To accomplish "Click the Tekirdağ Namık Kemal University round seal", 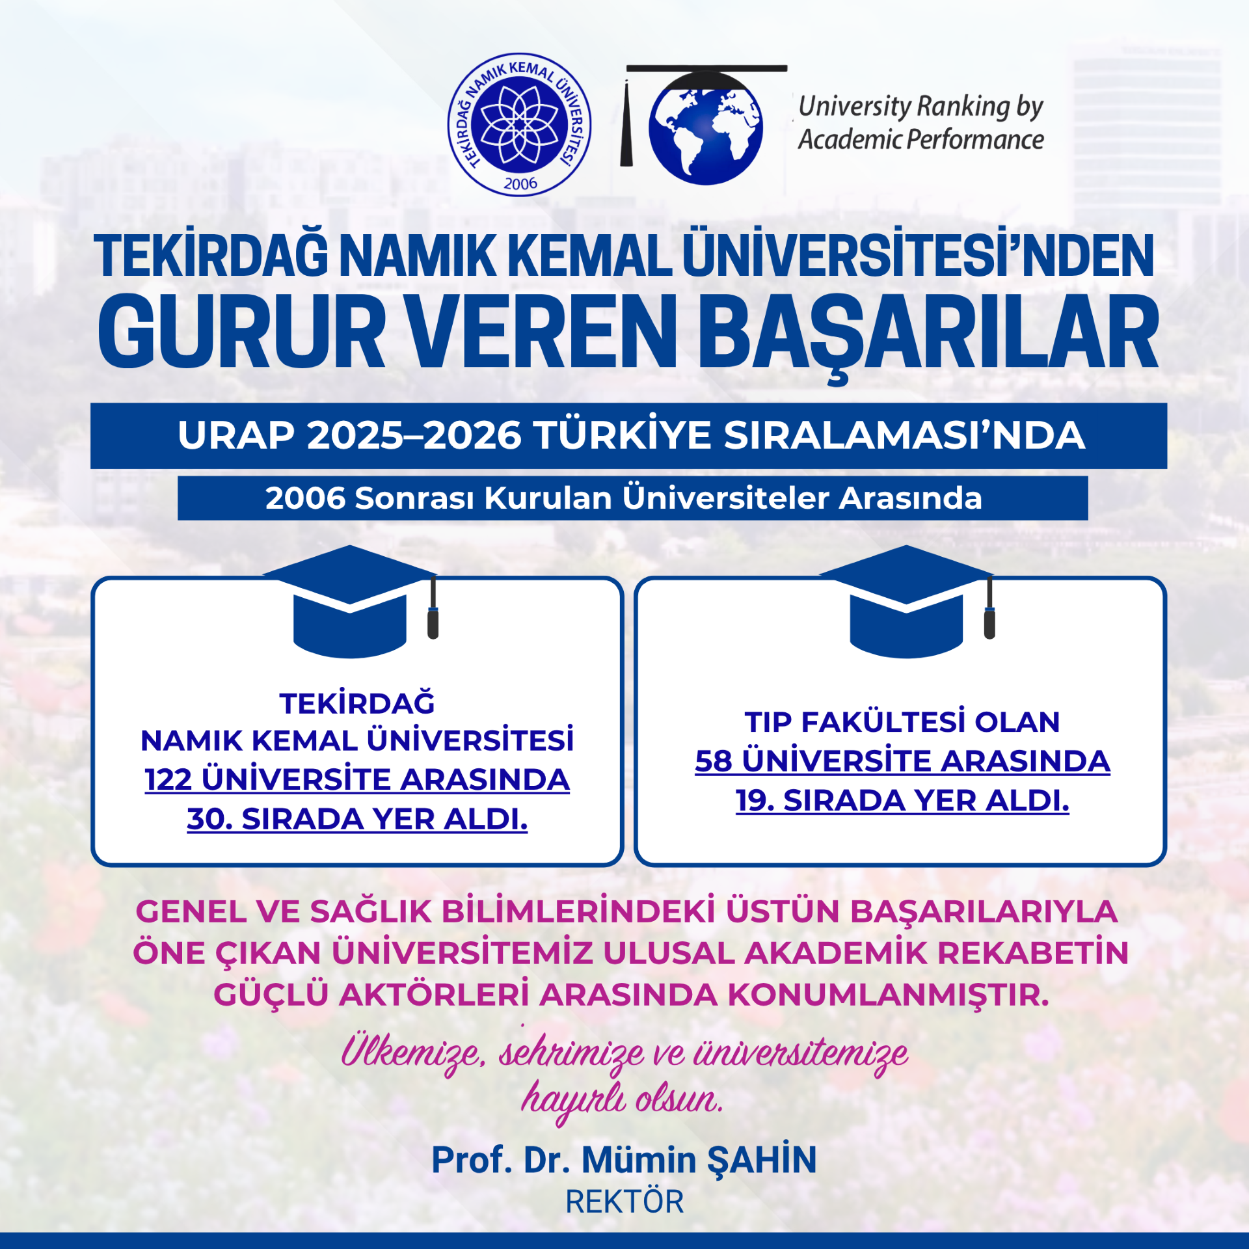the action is [x=520, y=124].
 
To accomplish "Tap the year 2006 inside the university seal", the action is [x=520, y=184].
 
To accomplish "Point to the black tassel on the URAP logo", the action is [x=626, y=124].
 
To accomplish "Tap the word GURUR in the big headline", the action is [x=241, y=332].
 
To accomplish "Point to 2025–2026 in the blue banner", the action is [x=414, y=435].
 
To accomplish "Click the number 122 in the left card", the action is [x=168, y=779].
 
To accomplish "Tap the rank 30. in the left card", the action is [x=209, y=818].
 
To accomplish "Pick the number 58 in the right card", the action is [x=714, y=761].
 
